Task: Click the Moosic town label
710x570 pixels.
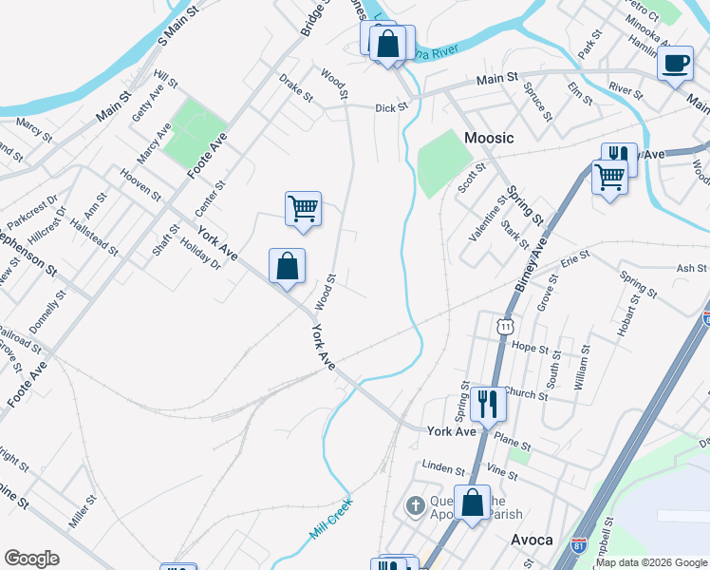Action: point(489,138)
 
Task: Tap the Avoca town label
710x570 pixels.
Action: point(532,540)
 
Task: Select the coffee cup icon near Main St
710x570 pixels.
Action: point(675,64)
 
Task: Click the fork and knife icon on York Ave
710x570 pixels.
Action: point(488,404)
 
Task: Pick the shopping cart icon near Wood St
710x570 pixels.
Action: point(303,208)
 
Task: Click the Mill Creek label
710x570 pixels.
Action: point(330,520)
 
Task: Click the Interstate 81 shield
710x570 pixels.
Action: point(579,544)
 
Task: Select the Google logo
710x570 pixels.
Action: point(31,559)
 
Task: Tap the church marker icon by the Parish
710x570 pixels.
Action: point(415,505)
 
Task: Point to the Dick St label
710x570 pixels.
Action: point(390,108)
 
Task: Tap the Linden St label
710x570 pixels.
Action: point(444,469)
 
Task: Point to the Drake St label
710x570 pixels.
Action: point(295,89)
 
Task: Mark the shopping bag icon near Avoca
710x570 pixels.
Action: point(472,503)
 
